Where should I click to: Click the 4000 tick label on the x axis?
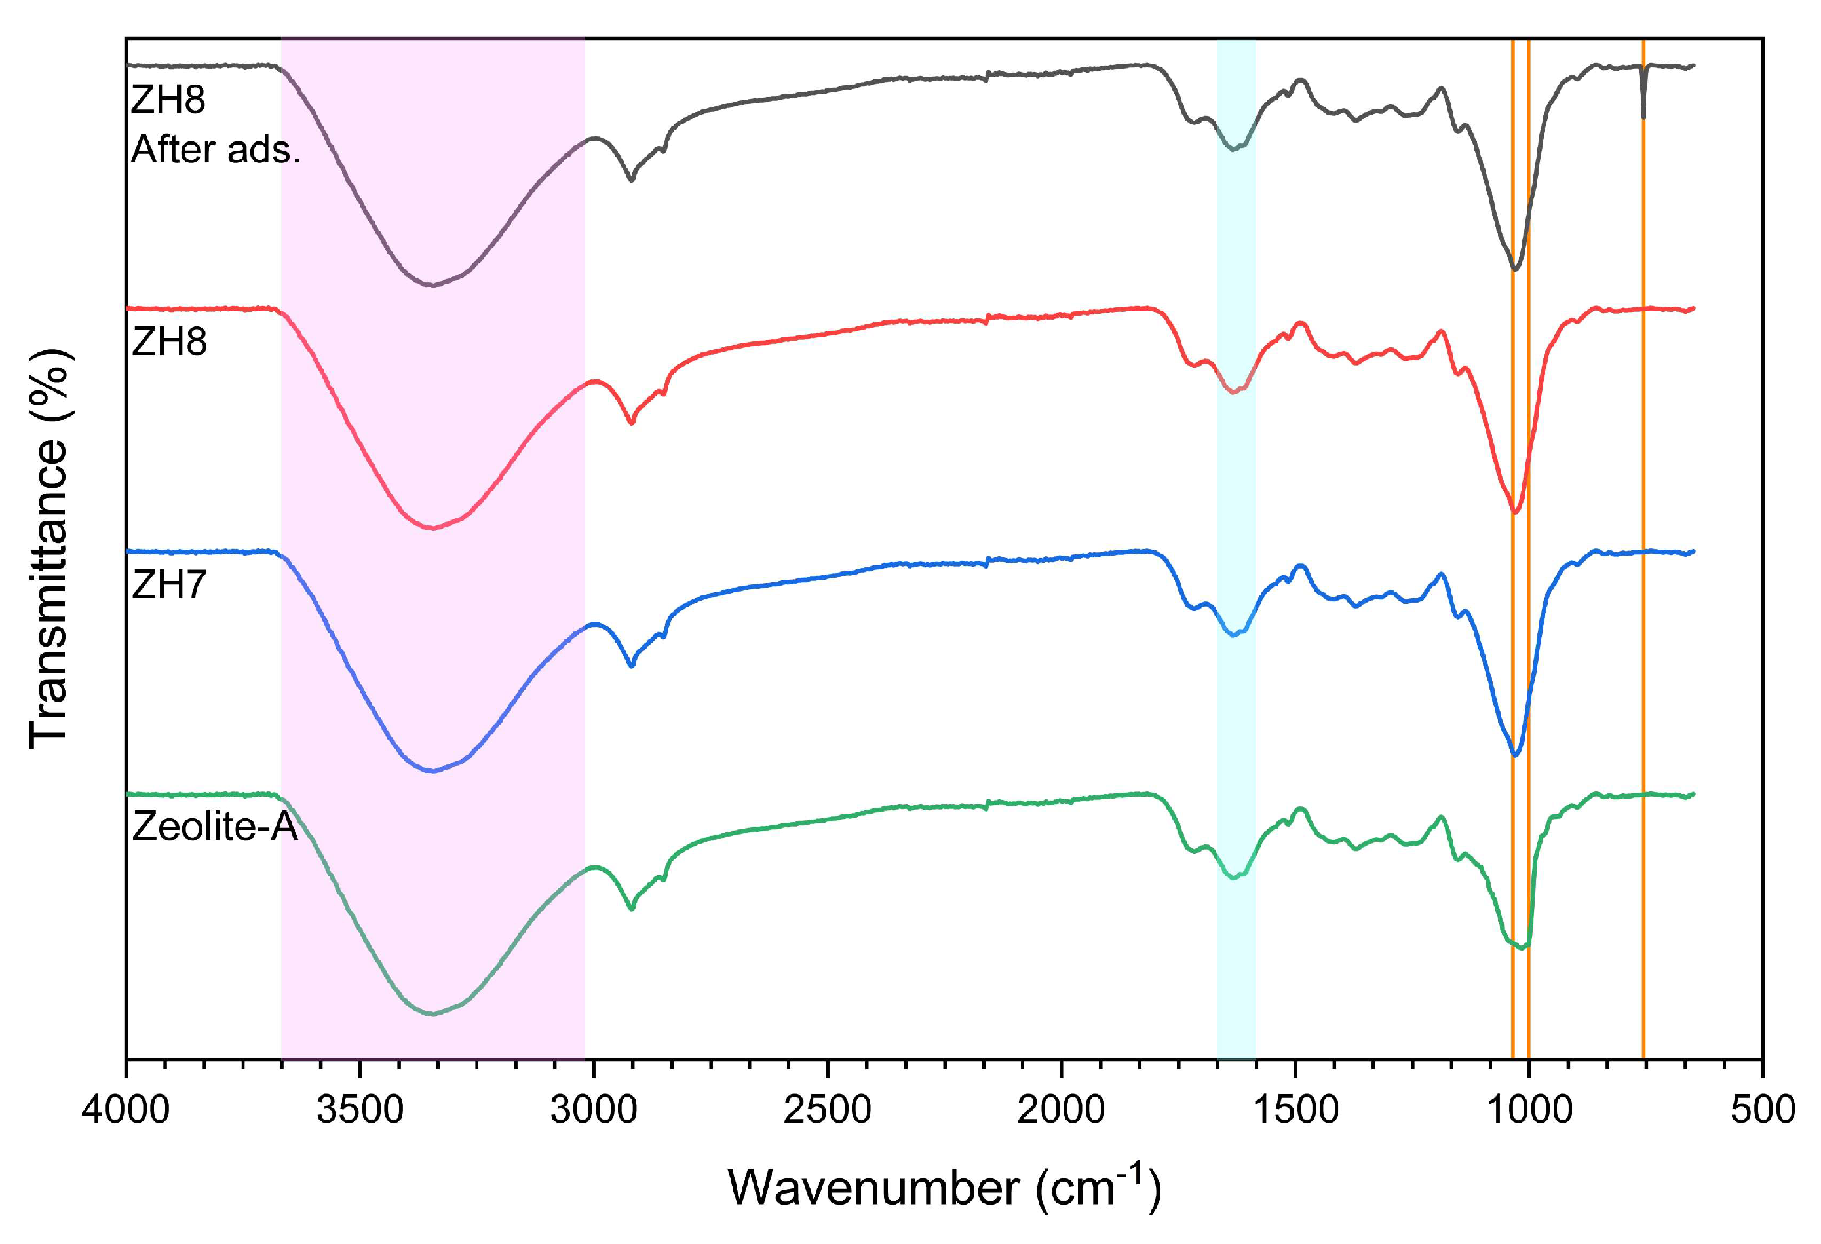[x=125, y=1110]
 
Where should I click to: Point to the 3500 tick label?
[x=360, y=1110]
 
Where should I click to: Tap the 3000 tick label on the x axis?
[x=593, y=1110]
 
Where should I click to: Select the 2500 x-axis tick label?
[x=828, y=1110]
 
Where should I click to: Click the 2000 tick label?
[x=1061, y=1110]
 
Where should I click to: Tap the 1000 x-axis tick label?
[x=1529, y=1110]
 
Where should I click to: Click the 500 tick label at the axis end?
[x=1762, y=1110]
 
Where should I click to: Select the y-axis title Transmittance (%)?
[x=48, y=548]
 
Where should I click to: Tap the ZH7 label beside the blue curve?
[x=169, y=584]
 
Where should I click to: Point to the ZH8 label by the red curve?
[x=169, y=341]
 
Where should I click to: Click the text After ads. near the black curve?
[x=216, y=149]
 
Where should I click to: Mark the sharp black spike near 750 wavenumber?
[x=1643, y=116]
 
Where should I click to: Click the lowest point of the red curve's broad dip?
[x=432, y=528]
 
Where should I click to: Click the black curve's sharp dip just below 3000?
[x=632, y=180]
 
